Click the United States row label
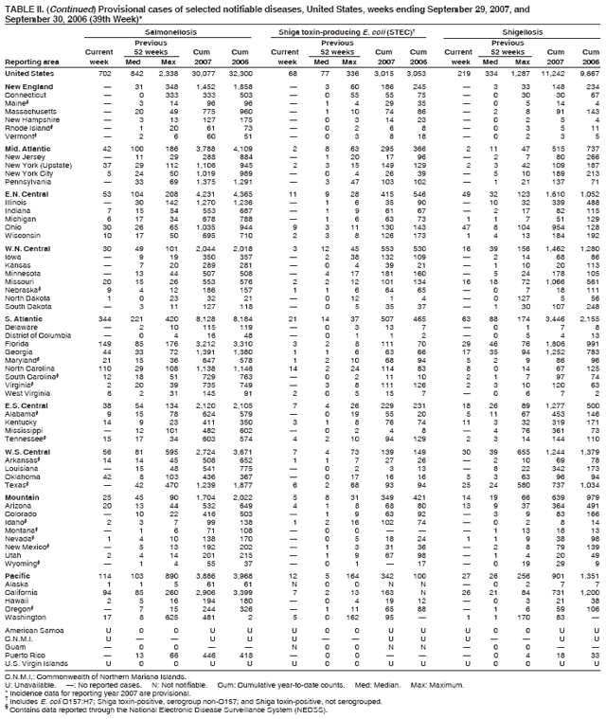click(27, 72)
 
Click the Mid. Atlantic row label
click(27, 148)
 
